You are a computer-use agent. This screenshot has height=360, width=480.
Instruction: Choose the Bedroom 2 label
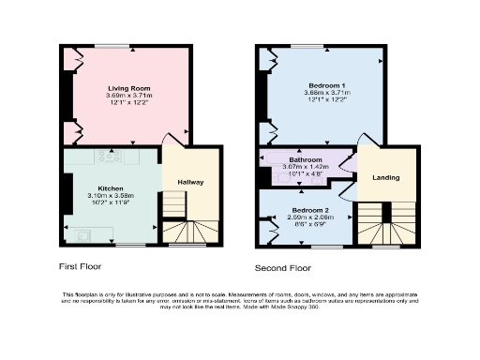pyautogui.click(x=308, y=210)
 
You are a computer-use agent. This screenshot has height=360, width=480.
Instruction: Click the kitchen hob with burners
pyautogui.click(x=106, y=155)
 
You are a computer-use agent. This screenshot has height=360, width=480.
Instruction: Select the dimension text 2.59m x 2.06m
pyautogui.click(x=308, y=217)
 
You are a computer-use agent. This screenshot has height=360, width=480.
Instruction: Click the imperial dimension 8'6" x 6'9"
pyautogui.click(x=308, y=223)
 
